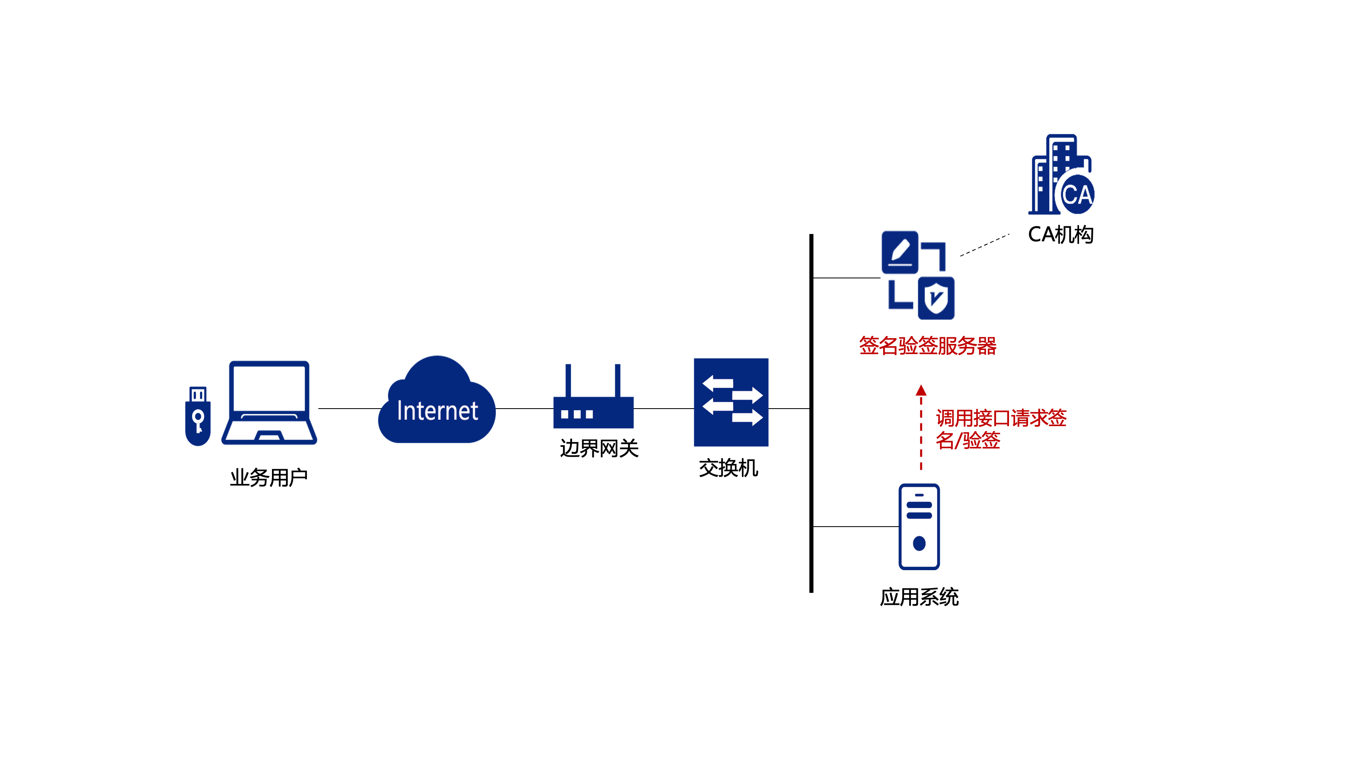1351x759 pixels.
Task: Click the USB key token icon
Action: point(198,417)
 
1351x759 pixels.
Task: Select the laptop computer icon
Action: point(269,402)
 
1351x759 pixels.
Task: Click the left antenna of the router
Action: point(568,380)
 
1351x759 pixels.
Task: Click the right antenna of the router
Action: point(618,380)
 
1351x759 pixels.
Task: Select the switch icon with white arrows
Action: point(731,402)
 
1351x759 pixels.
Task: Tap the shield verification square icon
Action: point(936,298)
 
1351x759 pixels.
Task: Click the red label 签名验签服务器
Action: point(927,346)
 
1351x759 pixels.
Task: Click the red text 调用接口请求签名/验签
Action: point(1001,429)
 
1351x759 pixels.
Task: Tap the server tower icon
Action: point(919,526)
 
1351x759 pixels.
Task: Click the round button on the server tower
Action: point(919,543)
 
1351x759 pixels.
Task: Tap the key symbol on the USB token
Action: point(198,421)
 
